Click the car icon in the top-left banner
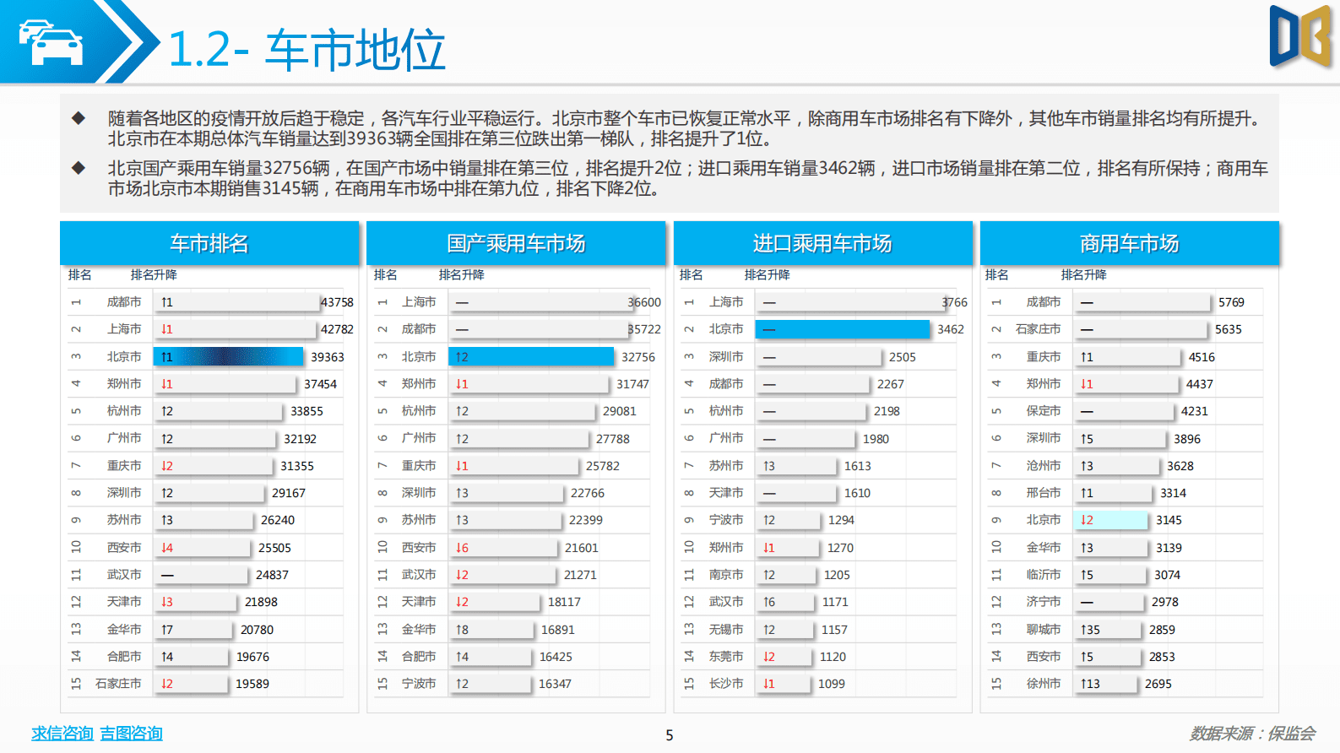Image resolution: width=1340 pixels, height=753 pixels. tap(51, 42)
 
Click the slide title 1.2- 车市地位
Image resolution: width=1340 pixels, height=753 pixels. tap(307, 50)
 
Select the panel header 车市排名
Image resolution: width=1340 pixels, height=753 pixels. tap(209, 244)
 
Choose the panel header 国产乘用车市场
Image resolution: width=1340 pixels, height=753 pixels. tap(516, 244)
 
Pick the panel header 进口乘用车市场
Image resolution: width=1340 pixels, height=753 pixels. tap(822, 244)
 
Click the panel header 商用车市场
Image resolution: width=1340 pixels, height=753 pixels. tap(1129, 244)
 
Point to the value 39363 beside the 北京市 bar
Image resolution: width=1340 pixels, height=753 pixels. tap(328, 357)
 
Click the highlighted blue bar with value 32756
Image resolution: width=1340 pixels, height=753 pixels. tap(531, 357)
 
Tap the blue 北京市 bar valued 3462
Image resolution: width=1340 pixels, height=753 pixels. tap(843, 329)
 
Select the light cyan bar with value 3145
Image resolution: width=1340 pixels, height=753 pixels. tap(1110, 520)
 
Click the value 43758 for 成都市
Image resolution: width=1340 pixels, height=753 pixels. tap(337, 302)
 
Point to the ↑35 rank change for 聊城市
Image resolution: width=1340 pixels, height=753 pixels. tap(1090, 630)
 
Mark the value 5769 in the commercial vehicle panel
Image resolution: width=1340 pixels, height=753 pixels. tap(1231, 302)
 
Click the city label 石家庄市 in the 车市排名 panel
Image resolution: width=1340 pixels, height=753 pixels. tap(118, 684)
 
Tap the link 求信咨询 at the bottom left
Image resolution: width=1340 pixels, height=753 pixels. tap(62, 734)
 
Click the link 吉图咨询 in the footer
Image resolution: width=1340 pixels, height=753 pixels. tap(131, 734)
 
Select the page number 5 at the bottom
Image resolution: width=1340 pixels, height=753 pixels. tap(670, 735)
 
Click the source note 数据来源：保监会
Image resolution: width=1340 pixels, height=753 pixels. tap(1252, 734)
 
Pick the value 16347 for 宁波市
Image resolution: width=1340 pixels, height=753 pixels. tap(555, 684)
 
